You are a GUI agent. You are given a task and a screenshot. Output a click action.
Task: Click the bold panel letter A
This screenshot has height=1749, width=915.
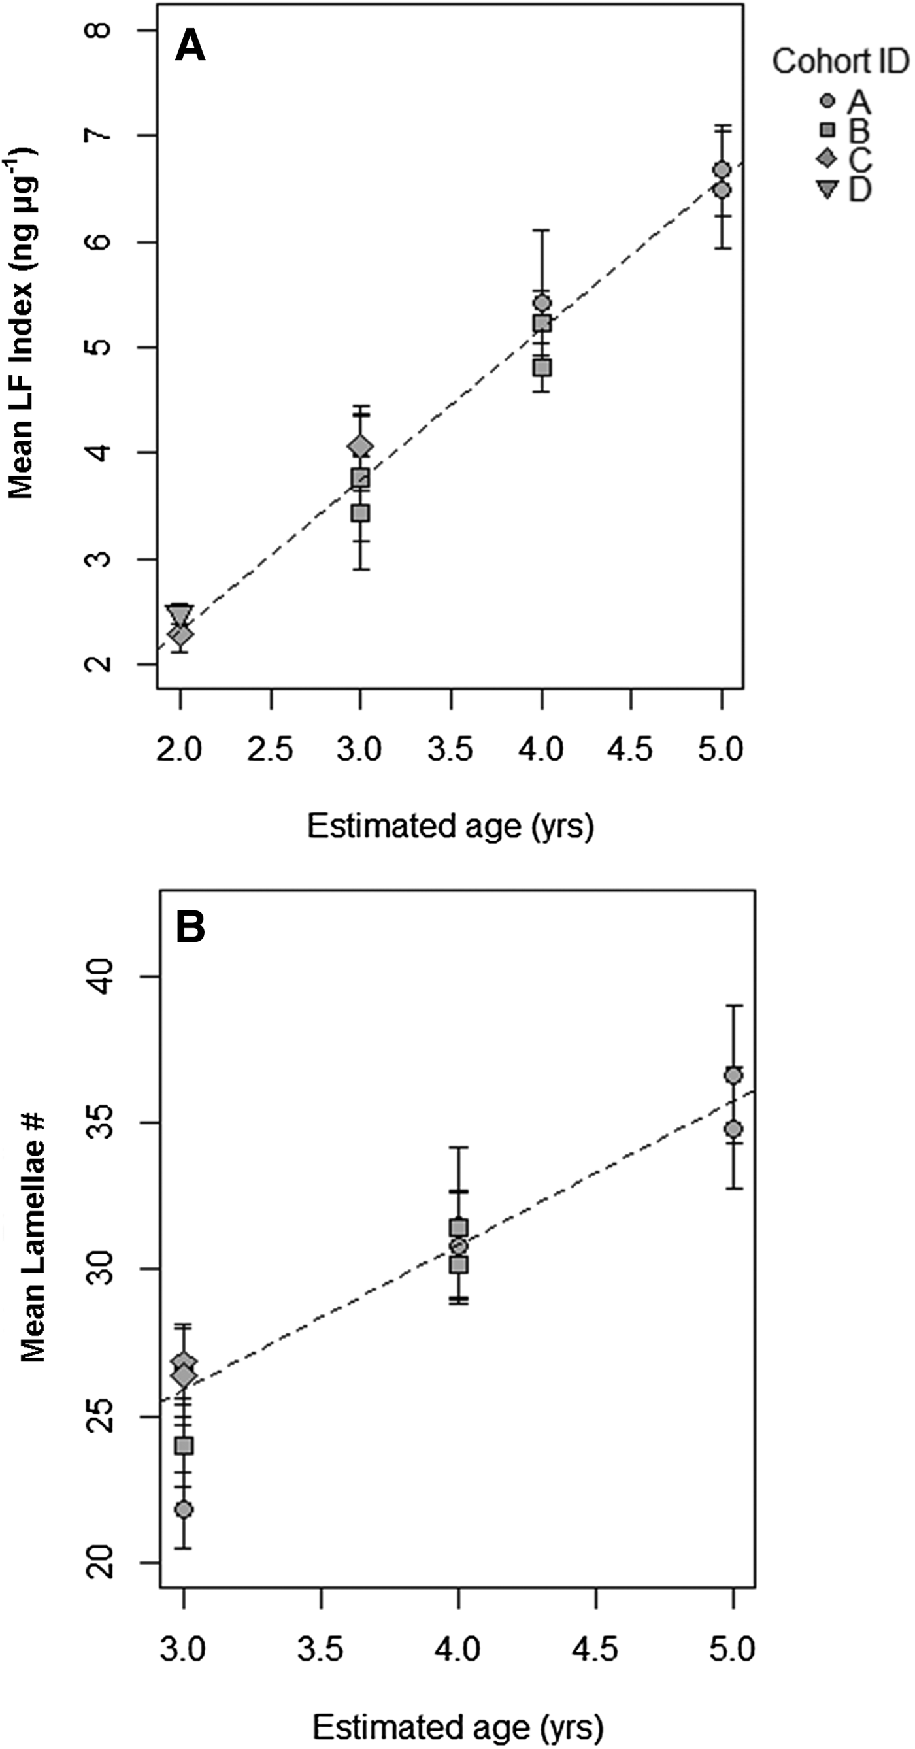coord(190,48)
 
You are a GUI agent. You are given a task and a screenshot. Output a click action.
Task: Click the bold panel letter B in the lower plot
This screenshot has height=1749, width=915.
coord(190,927)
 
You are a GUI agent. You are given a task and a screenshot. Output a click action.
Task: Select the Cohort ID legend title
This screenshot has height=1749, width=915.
coord(840,62)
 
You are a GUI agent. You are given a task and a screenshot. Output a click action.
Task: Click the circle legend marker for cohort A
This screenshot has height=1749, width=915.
coord(827,101)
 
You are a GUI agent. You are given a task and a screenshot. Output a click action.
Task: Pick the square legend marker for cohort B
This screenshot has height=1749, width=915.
coord(827,130)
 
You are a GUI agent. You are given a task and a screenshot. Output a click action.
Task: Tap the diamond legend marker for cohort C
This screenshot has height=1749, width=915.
coord(827,159)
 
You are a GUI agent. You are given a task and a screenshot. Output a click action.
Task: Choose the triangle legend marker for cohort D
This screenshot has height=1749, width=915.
coord(827,190)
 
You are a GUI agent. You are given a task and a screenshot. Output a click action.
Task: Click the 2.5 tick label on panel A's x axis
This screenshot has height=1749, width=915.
coord(270,750)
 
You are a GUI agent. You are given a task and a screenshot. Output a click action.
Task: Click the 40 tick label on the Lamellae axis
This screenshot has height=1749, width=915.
coord(101,976)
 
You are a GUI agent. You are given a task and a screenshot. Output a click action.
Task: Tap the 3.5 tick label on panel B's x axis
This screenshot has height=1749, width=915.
coord(320,1648)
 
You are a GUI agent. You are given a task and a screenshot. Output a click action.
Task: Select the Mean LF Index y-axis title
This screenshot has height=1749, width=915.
coord(22,325)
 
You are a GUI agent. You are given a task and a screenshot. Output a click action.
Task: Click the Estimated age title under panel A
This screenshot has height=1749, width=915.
coord(450,826)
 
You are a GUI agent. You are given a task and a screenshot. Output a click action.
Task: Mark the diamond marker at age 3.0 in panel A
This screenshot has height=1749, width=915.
coord(360,447)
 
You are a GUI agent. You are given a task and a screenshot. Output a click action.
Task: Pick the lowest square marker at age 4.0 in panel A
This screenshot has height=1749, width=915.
coord(542,368)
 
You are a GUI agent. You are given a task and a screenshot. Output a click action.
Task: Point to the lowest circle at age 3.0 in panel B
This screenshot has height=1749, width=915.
coord(184,1509)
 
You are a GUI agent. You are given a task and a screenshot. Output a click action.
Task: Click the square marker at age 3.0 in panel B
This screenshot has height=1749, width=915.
coord(184,1446)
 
